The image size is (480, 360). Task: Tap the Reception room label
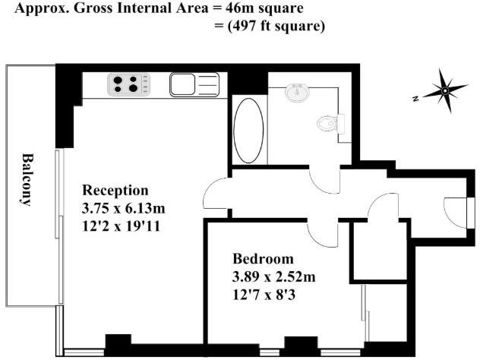[x=115, y=190]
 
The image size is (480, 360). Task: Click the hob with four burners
[x=128, y=84]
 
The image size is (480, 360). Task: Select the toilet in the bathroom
[x=330, y=122]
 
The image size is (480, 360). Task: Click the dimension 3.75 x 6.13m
[x=124, y=207]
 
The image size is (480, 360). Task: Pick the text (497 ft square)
[x=270, y=27]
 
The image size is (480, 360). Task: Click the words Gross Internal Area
[x=130, y=10]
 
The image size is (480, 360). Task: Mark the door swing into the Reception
[x=216, y=196]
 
